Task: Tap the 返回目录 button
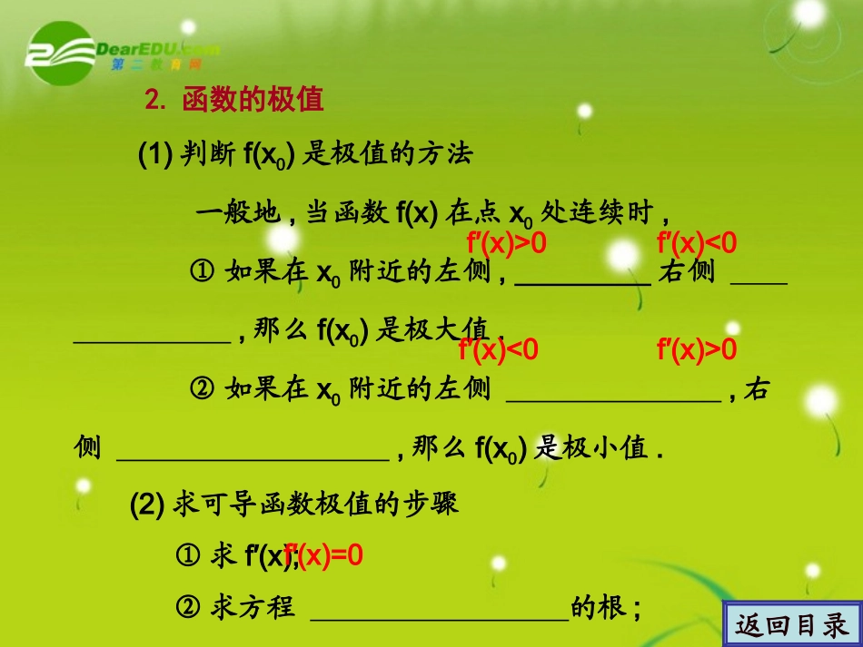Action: [793, 624]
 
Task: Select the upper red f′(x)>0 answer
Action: [507, 243]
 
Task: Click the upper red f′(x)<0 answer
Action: [697, 243]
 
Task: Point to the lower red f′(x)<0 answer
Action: [499, 349]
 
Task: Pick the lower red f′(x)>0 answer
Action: [697, 349]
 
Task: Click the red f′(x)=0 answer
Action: [324, 555]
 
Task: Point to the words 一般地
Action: [238, 215]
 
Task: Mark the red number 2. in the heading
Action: [155, 101]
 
